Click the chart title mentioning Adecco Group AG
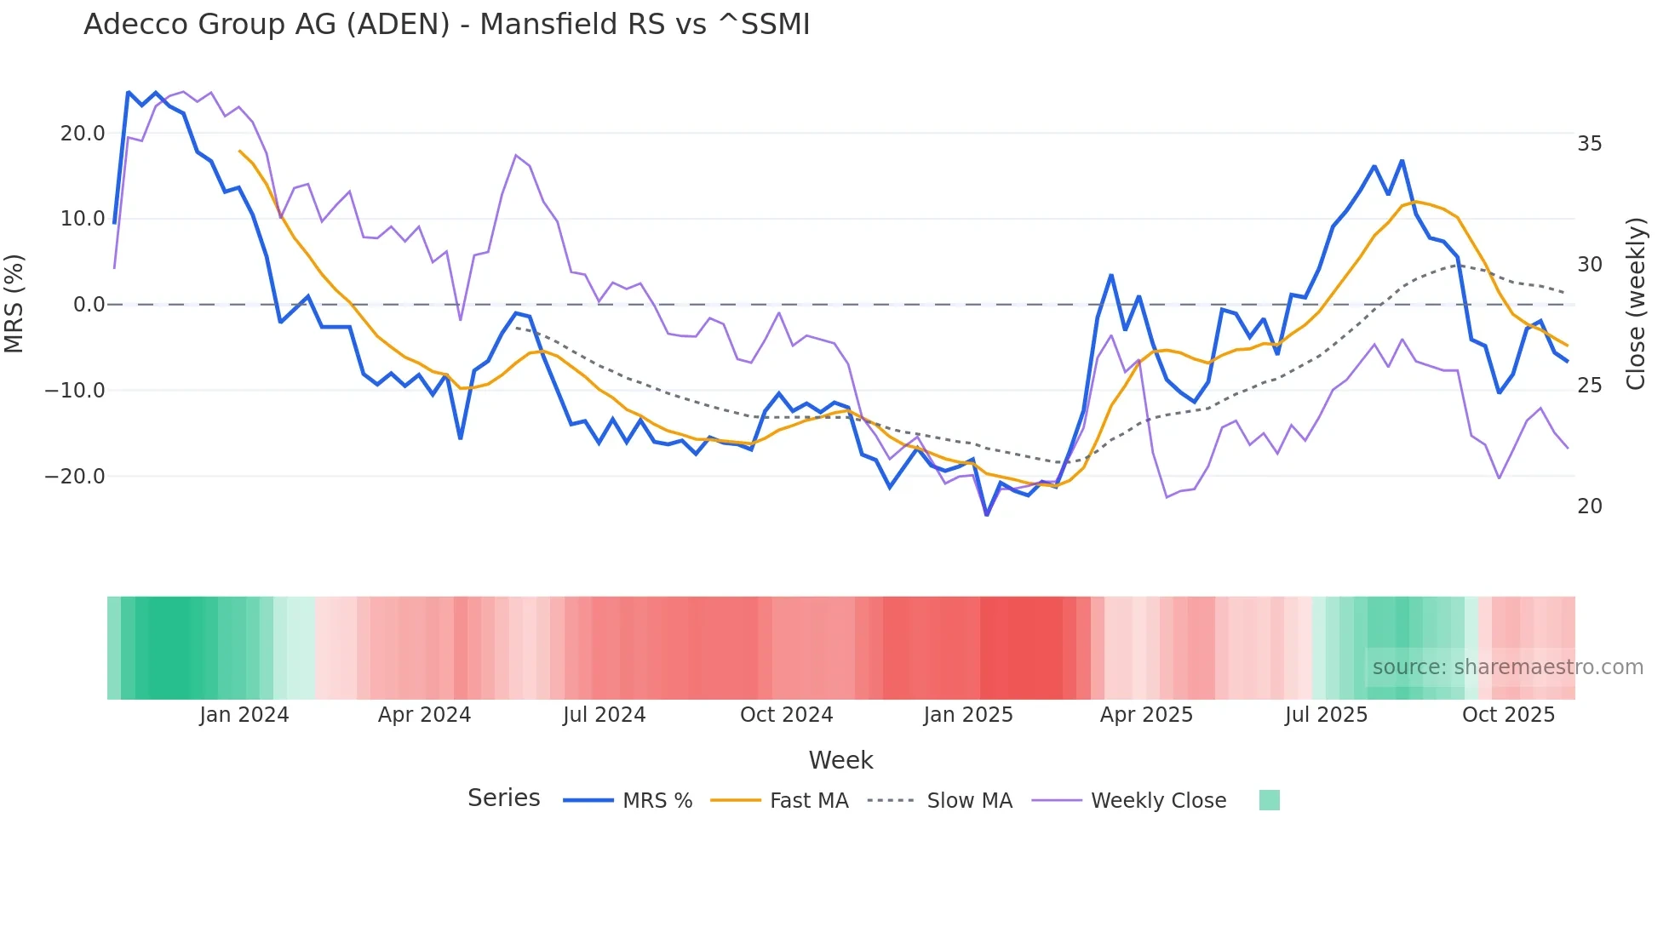coord(446,25)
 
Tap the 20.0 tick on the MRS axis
coord(83,134)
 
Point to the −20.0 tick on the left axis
coord(75,477)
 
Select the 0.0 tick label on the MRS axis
coord(89,305)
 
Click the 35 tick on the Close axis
coord(1589,144)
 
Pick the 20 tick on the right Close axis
coord(1589,506)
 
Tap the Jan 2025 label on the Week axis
coord(968,715)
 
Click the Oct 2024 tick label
coord(786,715)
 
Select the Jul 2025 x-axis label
coord(1326,715)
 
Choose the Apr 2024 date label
coord(424,715)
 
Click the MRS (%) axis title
coord(14,304)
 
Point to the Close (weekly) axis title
coord(1635,304)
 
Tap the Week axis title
coord(840,760)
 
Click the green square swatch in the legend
coord(1269,800)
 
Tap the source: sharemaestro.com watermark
coord(1507,667)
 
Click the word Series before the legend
coord(503,798)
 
